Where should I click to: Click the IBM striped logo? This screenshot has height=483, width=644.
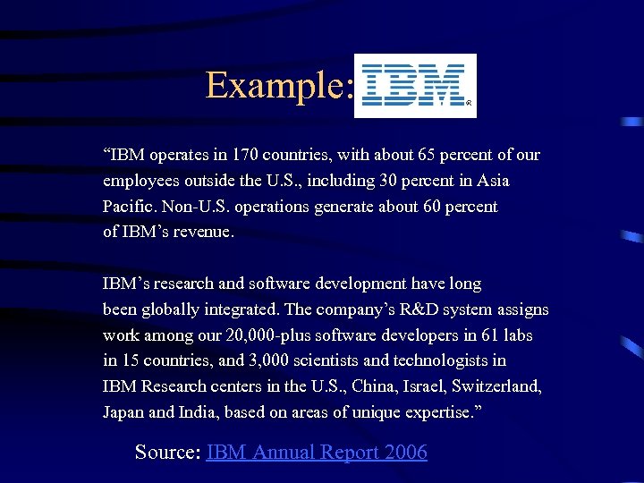tap(414, 86)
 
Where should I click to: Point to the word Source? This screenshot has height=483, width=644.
tap(167, 453)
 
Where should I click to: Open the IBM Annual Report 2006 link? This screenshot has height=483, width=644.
tap(317, 453)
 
